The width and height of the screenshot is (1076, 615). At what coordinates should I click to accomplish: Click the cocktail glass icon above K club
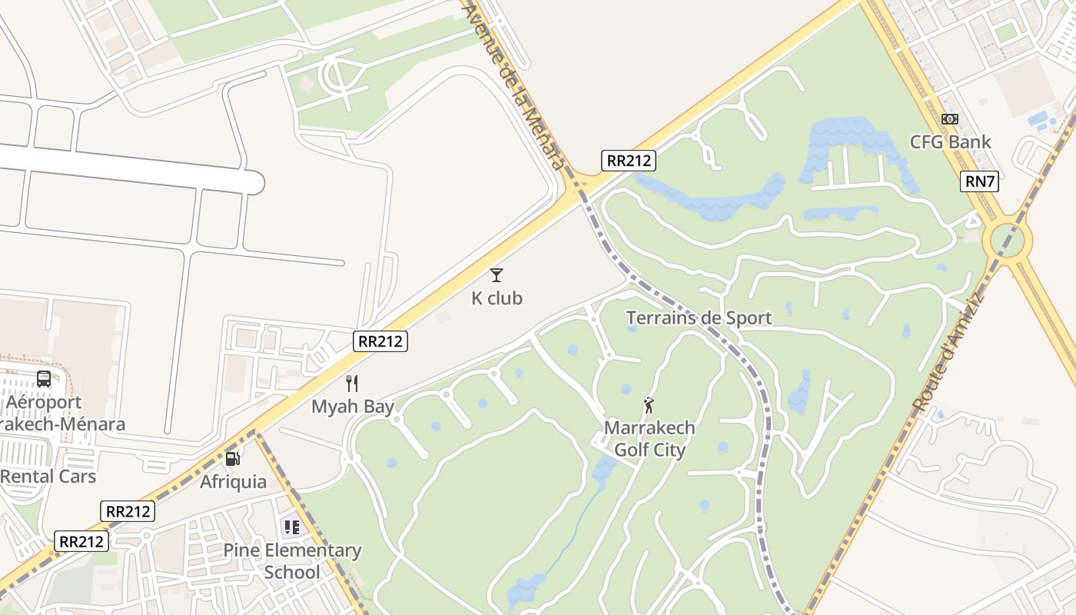496,274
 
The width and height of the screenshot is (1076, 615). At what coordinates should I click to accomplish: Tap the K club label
496,298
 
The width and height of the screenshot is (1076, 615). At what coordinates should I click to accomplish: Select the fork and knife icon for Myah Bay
352,383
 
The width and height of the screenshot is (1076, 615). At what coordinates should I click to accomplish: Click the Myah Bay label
352,407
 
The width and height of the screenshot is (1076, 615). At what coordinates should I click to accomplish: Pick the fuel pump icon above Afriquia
232,459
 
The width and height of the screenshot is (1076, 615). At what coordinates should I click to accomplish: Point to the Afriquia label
233,482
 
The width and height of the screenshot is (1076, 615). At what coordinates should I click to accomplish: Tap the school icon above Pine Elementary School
291,527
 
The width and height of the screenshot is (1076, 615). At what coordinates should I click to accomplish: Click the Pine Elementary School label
292,561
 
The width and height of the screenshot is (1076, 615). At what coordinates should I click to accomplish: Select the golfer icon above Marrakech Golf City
649,404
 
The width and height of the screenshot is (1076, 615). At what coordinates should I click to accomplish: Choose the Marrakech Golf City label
649,439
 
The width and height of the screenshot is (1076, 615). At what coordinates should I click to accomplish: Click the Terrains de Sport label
699,317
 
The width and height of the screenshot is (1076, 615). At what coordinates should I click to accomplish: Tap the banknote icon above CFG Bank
950,119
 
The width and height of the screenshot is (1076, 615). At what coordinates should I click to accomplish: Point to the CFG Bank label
950,142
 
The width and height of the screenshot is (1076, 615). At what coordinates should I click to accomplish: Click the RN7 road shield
978,181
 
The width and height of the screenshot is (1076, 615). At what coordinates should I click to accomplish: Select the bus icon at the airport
44,379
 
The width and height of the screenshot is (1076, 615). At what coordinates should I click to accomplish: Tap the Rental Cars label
48,477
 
